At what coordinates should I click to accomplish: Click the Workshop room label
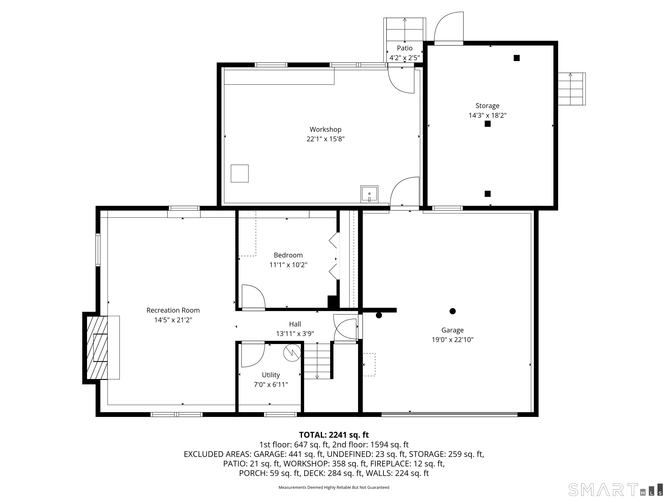coord(325,129)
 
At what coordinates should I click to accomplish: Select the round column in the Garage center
coord(452,311)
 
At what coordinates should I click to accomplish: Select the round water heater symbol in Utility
coord(292,353)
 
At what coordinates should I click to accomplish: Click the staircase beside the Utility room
coord(317,361)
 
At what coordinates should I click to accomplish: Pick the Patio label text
coord(404,48)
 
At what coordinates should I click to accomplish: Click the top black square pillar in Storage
coord(516,58)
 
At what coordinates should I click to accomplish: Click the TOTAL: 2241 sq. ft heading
coord(334,435)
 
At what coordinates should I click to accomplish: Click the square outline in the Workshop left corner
coord(239,173)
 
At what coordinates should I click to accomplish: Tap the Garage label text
coord(452,330)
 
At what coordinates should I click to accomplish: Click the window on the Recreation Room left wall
coord(98,250)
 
